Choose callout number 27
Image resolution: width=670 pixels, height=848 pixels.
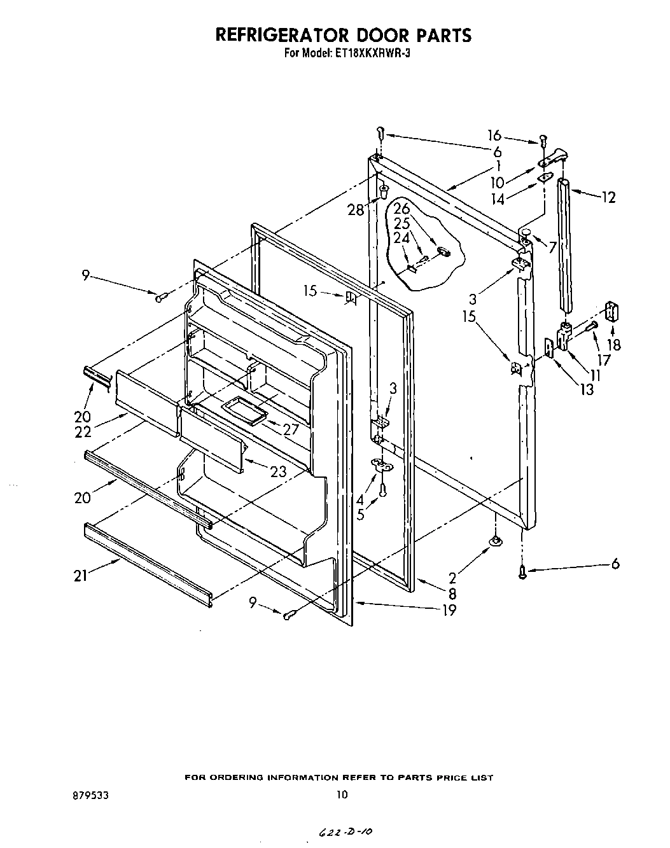click(291, 429)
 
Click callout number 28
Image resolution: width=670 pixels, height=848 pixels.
click(356, 210)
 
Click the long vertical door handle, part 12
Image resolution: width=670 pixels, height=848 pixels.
click(564, 245)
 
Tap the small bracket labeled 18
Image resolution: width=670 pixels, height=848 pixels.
click(612, 312)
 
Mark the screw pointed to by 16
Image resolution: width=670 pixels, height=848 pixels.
click(543, 139)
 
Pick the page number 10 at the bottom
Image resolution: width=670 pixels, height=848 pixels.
click(342, 795)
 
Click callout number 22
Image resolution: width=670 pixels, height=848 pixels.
click(83, 431)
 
